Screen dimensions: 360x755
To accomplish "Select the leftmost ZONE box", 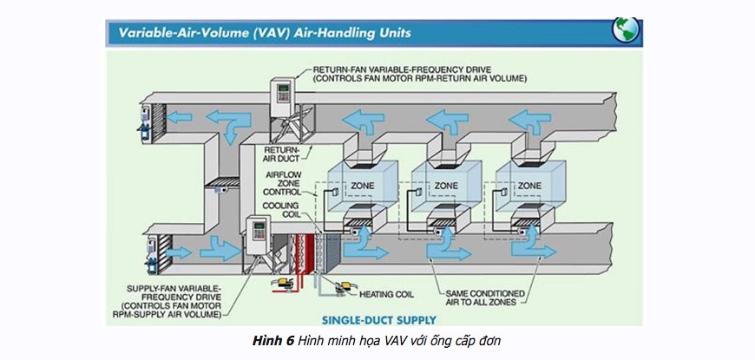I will [x=362, y=185].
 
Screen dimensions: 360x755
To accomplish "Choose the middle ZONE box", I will [x=446, y=185].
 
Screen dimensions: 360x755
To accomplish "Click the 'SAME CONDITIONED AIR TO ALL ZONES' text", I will [x=478, y=298].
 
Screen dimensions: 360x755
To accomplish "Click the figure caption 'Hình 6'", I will [x=272, y=341].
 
